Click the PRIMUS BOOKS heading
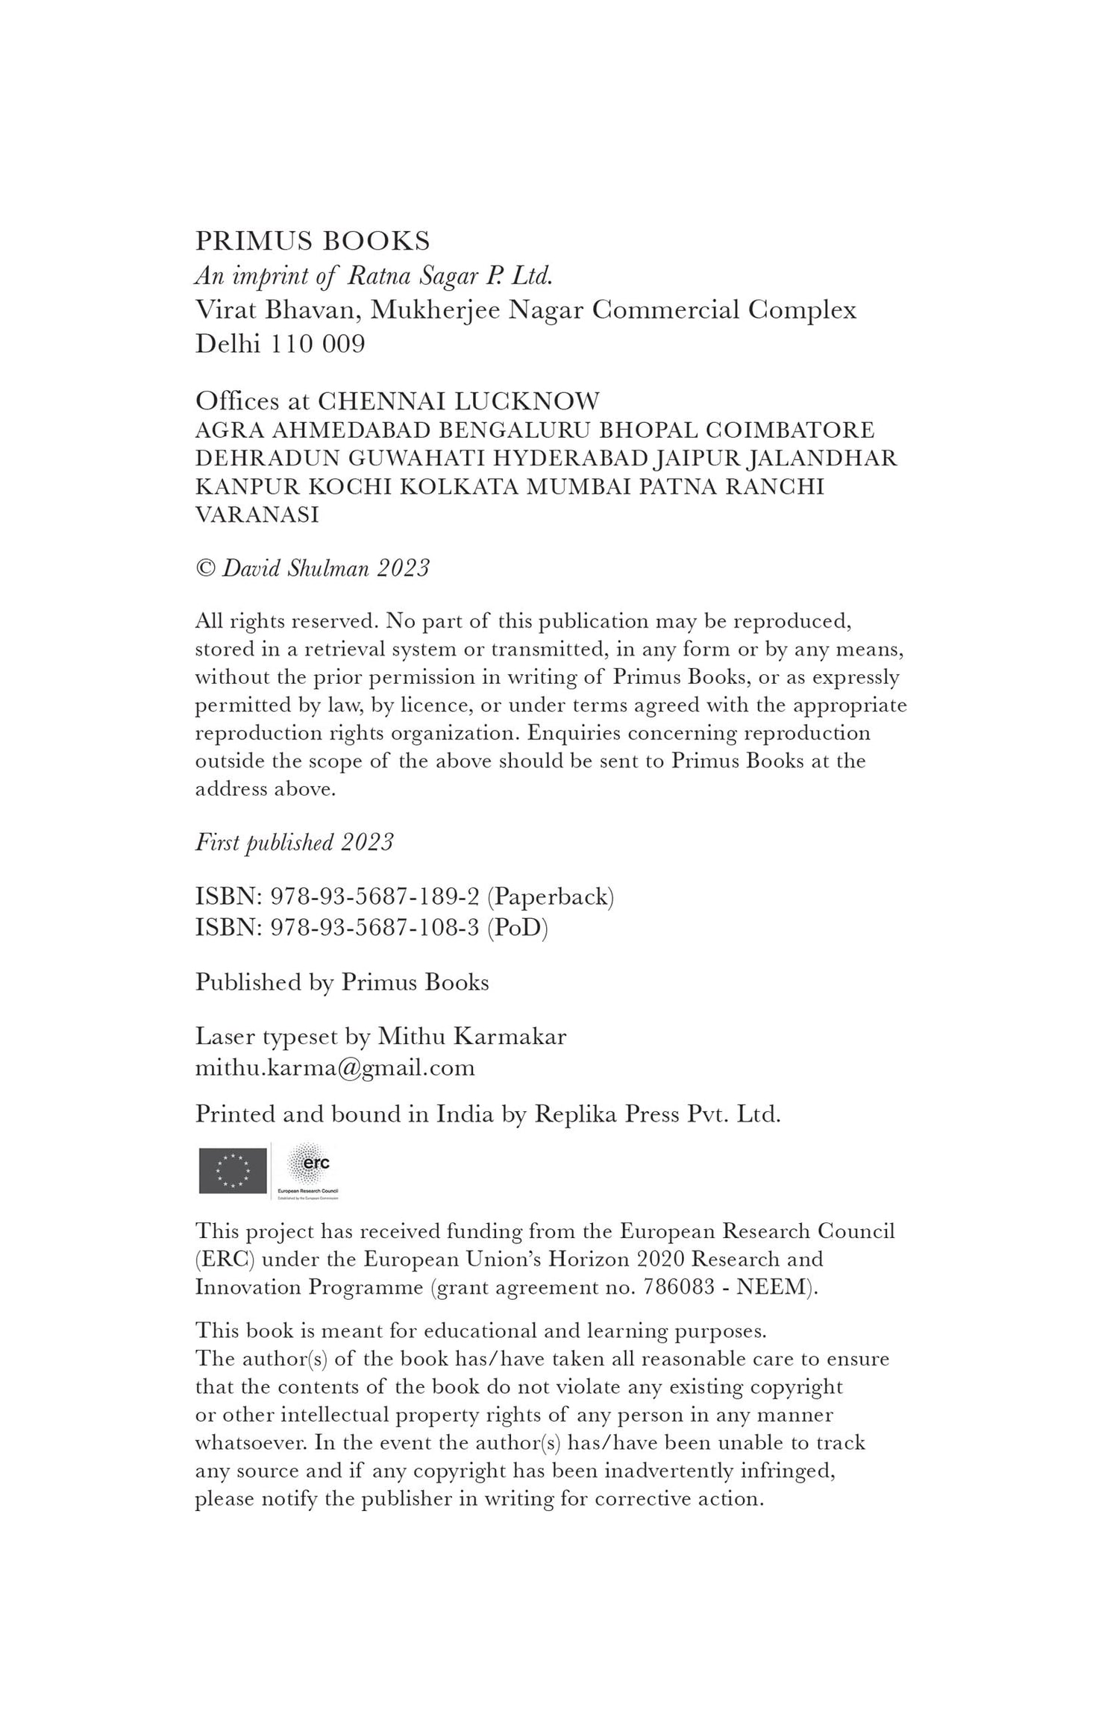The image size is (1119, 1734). (313, 241)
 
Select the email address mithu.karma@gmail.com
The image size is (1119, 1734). (335, 1067)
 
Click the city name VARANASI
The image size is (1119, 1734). (257, 515)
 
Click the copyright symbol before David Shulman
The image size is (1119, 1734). (204, 569)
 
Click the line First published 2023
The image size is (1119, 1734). (294, 842)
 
